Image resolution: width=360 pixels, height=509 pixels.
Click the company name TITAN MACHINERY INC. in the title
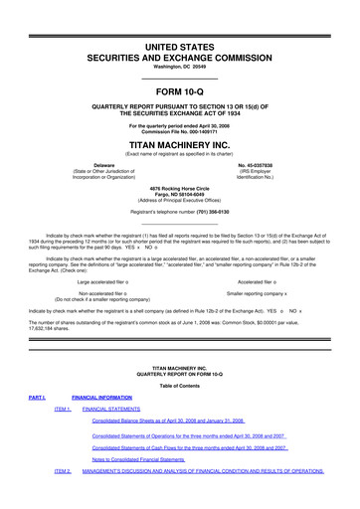click(179, 142)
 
